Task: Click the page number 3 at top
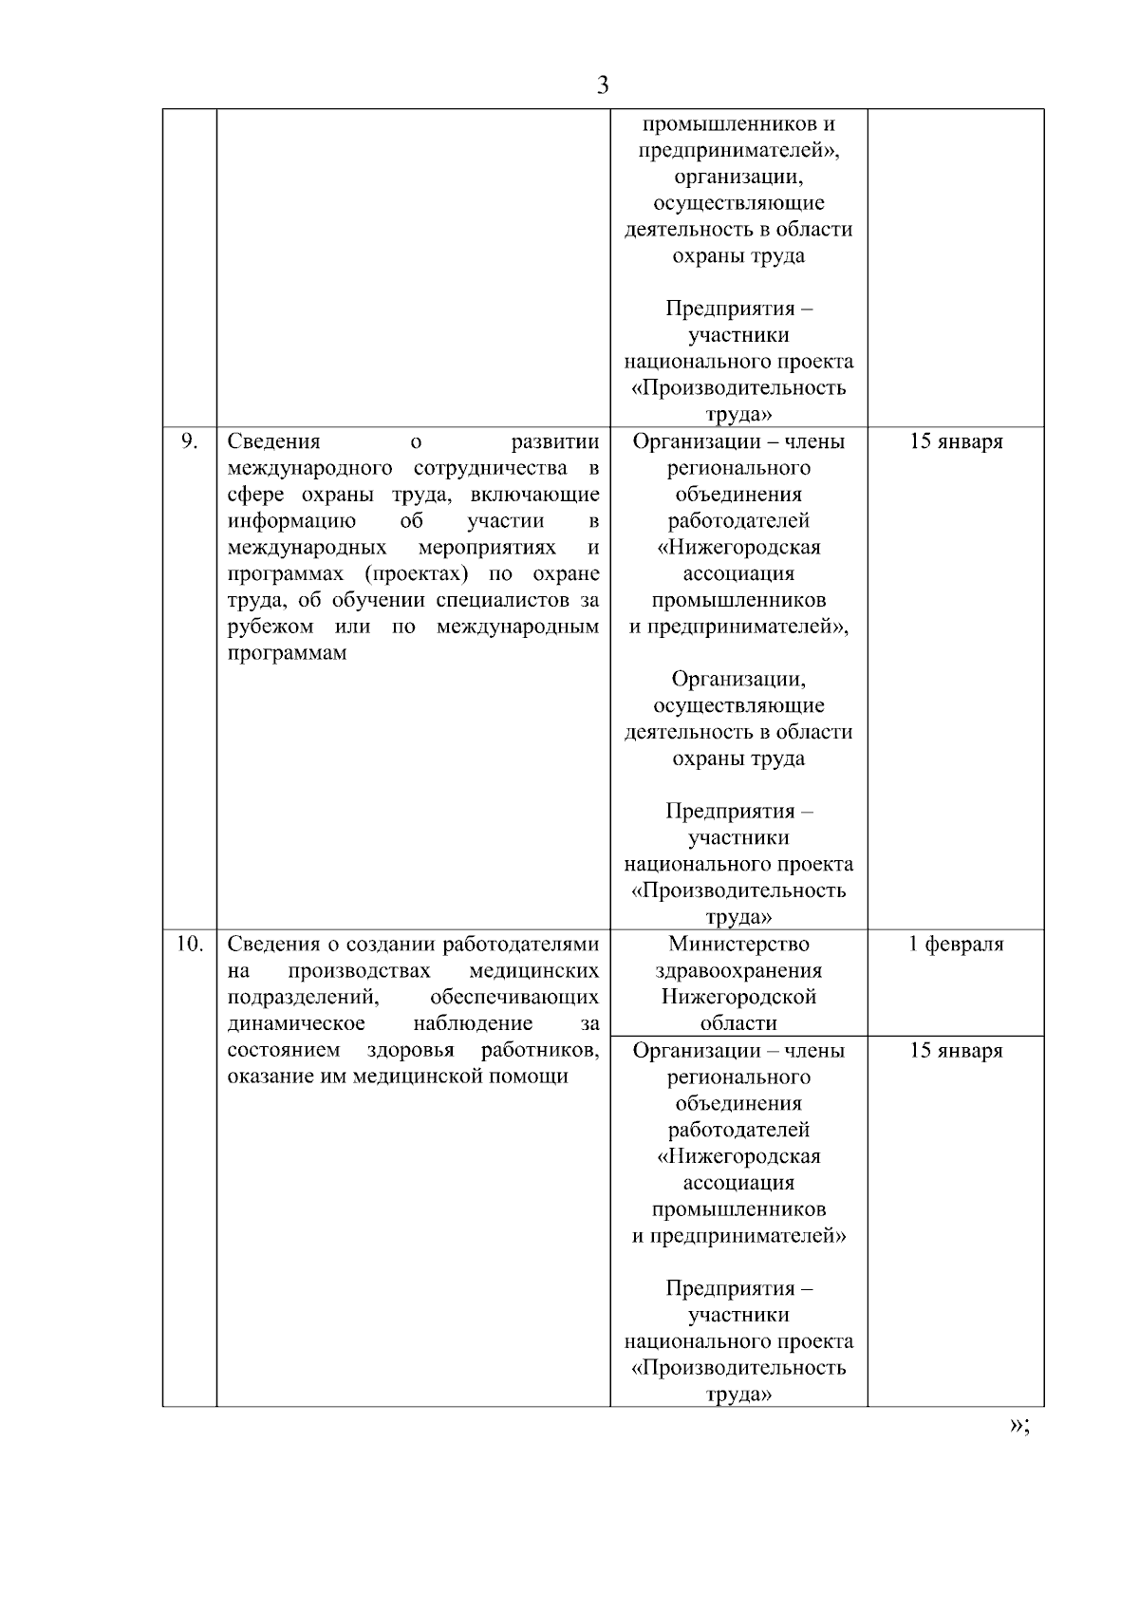pos(602,85)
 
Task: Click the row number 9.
pos(189,440)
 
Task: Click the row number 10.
pos(189,944)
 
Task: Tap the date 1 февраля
pos(956,944)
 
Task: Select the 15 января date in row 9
pos(956,441)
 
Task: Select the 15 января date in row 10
pos(956,1051)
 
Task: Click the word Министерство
pos(738,944)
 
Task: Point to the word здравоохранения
pos(738,970)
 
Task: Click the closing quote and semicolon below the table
pos(1020,1425)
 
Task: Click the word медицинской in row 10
pos(426,1077)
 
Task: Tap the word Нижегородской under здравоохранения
pos(738,997)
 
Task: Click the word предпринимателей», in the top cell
pos(738,150)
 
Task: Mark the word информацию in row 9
pos(291,520)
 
